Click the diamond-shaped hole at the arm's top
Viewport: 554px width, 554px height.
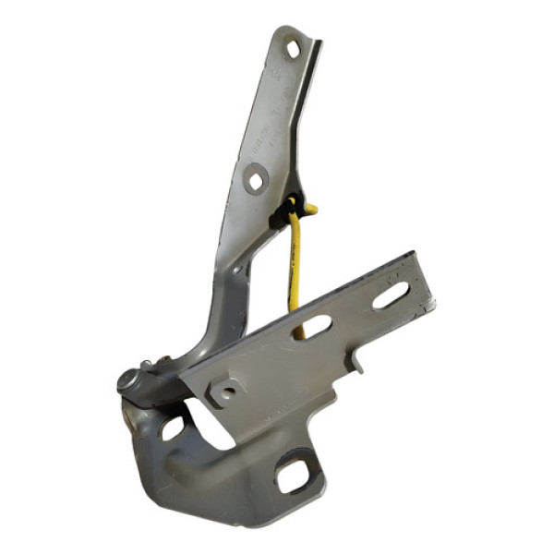point(294,49)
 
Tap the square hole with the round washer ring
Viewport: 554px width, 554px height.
point(256,178)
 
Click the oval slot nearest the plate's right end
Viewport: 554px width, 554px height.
point(391,296)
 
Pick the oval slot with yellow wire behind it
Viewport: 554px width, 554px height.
point(312,327)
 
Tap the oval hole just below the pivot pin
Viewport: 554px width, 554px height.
point(173,428)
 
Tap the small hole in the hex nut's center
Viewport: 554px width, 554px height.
point(224,392)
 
